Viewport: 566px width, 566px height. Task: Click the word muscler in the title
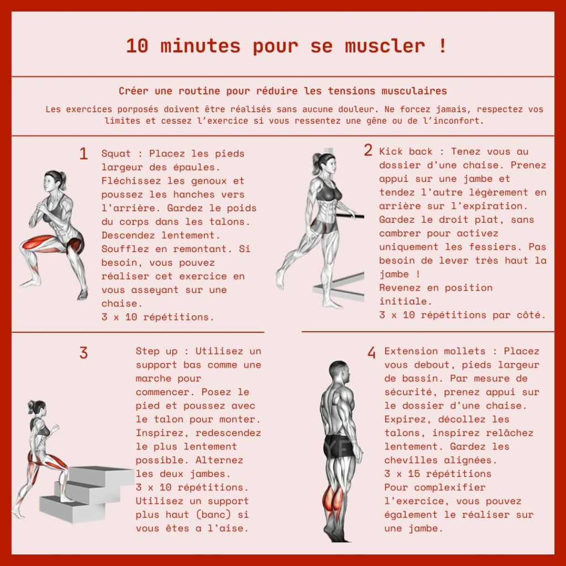coord(385,46)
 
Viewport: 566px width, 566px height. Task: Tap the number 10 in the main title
coord(137,46)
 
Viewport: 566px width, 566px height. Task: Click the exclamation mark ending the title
coord(443,46)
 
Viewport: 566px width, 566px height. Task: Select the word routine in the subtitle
coord(199,91)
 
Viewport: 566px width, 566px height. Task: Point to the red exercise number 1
coord(83,154)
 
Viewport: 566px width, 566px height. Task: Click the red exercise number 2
coord(368,150)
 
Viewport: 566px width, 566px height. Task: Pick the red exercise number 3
coord(83,353)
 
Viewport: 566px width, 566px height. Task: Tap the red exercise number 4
coord(371,352)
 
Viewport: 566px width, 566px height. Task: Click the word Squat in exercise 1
coord(116,154)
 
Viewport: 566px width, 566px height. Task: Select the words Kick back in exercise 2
coord(406,151)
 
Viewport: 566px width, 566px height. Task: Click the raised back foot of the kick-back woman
coord(280,279)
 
